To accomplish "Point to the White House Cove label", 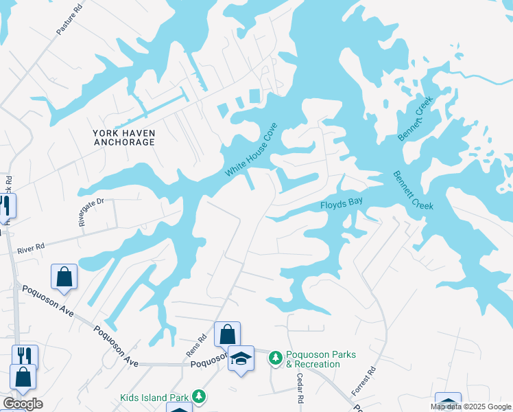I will pyautogui.click(x=252, y=150).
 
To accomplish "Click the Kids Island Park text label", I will pyautogui.click(x=154, y=397).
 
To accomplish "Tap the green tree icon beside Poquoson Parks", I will pyautogui.click(x=275, y=358).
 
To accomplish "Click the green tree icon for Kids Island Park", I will pyautogui.click(x=198, y=396).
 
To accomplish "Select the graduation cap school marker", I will pyautogui.click(x=241, y=358).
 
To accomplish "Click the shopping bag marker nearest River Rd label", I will pyautogui.click(x=64, y=277).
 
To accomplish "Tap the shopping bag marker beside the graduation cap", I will pyautogui.click(x=227, y=335).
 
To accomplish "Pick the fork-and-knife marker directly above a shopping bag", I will pyautogui.click(x=25, y=355).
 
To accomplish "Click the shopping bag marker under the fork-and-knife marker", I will pyautogui.click(x=23, y=377).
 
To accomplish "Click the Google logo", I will pyautogui.click(x=23, y=404).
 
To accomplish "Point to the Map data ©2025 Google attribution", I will pyautogui.click(x=470, y=407).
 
